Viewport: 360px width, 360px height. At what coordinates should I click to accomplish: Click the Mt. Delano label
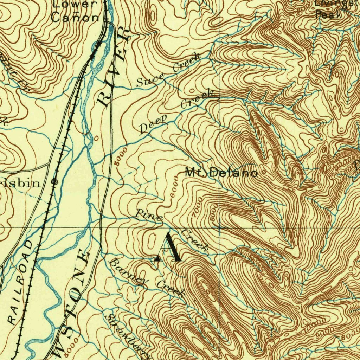(221, 173)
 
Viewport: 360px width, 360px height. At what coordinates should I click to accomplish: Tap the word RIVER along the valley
(113, 69)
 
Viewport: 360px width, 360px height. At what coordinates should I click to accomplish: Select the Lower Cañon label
(75, 11)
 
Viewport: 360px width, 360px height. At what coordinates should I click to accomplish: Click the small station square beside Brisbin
(54, 181)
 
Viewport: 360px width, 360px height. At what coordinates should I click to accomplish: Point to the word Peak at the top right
(328, 15)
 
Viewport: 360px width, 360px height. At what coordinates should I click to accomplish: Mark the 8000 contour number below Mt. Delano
(213, 214)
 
